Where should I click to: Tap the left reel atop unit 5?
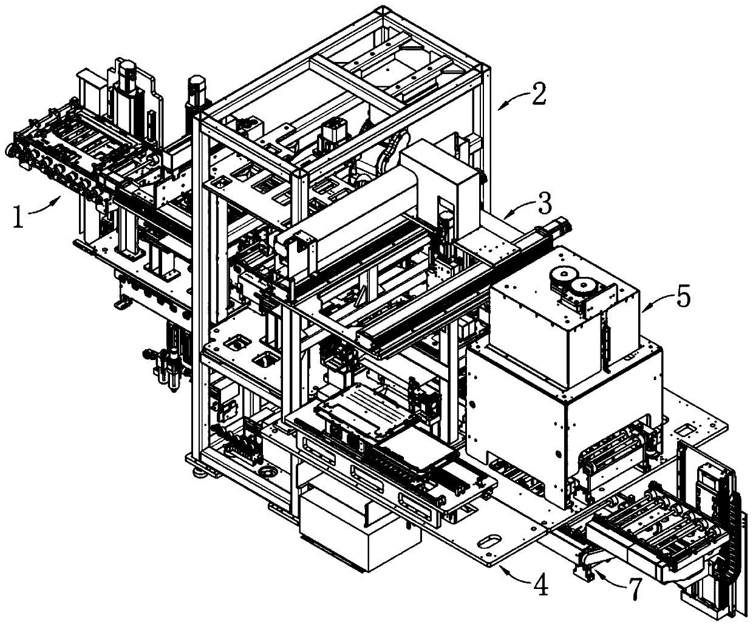click(560, 279)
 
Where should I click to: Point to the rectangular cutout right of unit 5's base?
click(687, 430)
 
